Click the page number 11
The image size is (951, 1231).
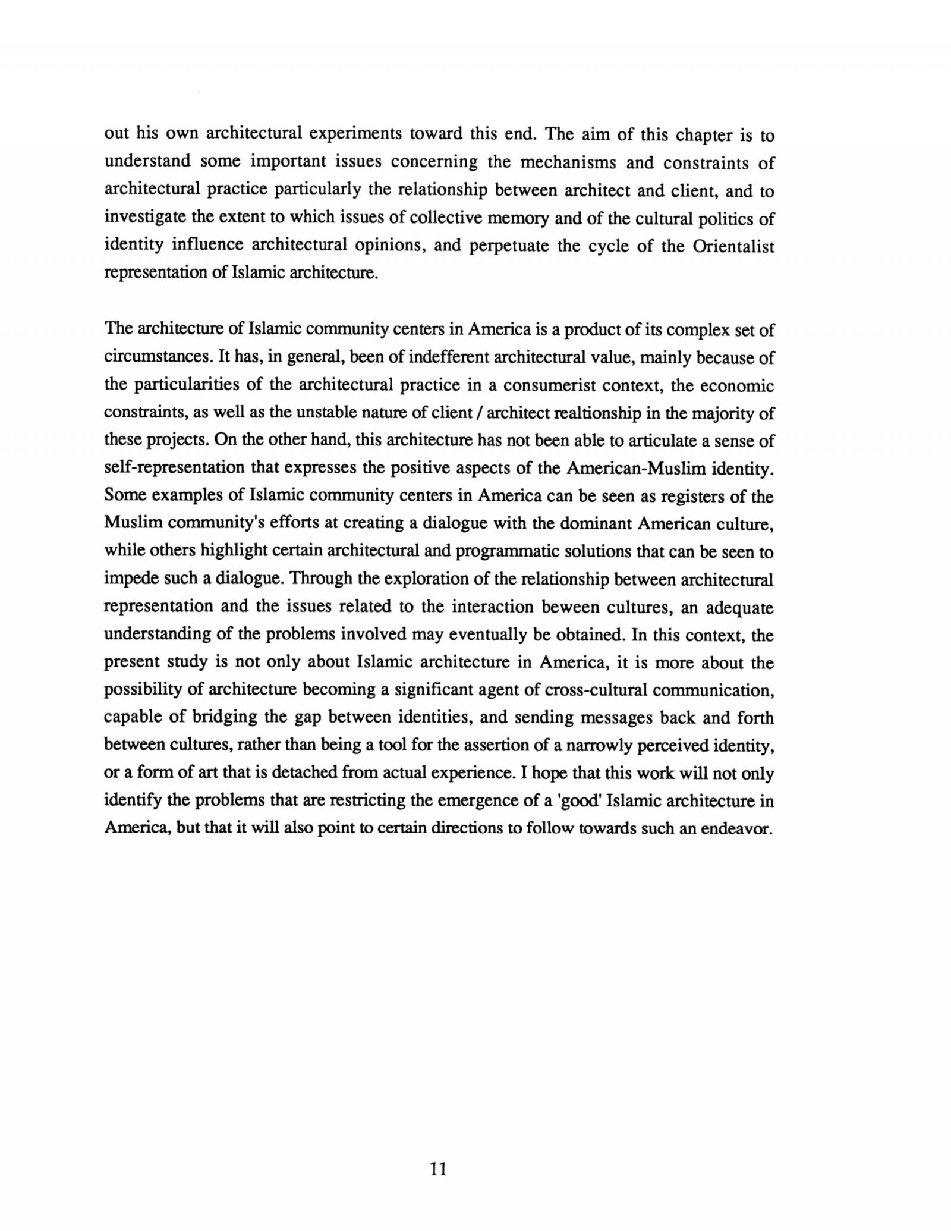coord(437,1169)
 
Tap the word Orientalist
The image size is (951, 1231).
coord(733,246)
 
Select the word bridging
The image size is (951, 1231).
coord(224,718)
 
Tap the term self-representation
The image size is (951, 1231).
coord(175,468)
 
